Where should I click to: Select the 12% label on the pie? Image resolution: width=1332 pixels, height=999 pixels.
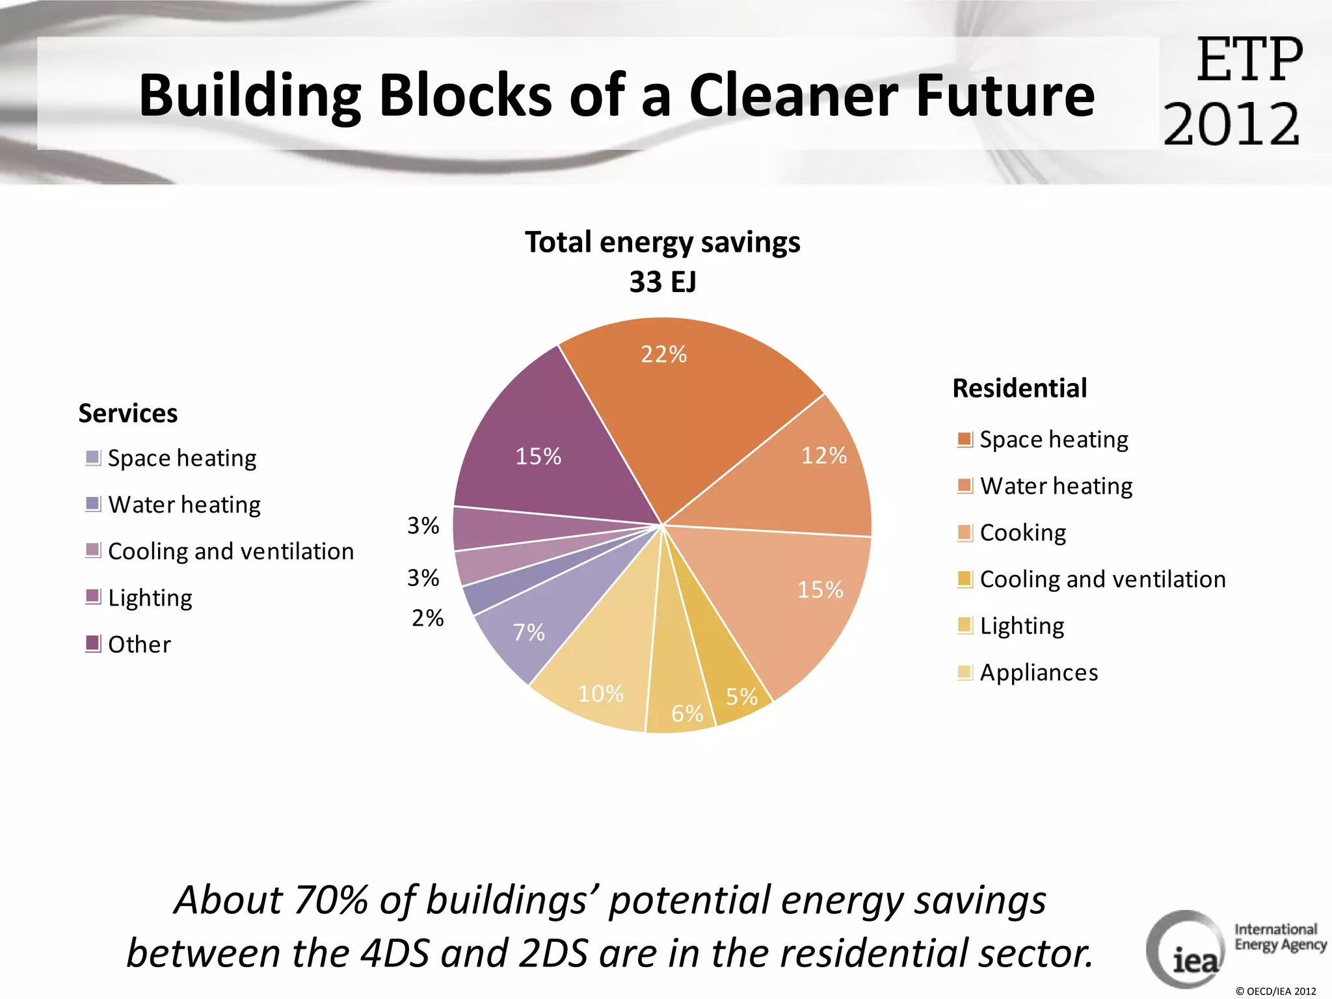coord(823,456)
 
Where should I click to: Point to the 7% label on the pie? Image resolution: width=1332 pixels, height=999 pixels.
coord(529,632)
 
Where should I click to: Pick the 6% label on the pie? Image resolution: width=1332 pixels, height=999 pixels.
coord(687,713)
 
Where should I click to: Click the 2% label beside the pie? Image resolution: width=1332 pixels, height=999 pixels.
coord(427,618)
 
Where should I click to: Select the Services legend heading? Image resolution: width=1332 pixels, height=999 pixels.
coord(128,414)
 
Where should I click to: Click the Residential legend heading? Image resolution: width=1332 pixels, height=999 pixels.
coord(1019,388)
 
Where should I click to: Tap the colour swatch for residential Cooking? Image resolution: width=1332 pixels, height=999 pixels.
coord(965,533)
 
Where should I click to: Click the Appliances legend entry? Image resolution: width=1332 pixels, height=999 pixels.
coord(1039,673)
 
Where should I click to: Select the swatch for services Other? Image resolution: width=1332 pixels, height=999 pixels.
coord(93,644)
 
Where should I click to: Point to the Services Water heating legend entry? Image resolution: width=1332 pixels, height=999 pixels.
coord(184,505)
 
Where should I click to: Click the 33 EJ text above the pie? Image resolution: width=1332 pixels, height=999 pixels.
coord(662,282)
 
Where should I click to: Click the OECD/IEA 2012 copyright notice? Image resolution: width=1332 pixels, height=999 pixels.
coord(1276,991)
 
